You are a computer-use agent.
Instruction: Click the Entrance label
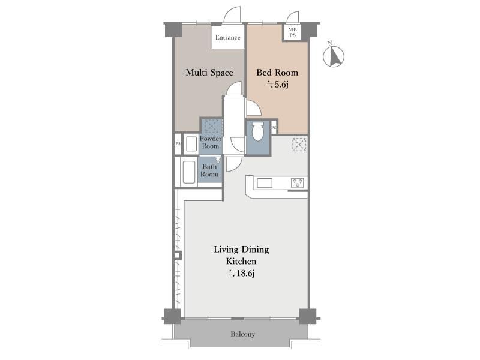pyautogui.click(x=227, y=37)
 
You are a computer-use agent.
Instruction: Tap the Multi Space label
pyautogui.click(x=209, y=73)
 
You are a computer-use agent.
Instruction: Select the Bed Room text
pyautogui.click(x=277, y=73)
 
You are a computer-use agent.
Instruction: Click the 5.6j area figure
pyautogui.click(x=278, y=84)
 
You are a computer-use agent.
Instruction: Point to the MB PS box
pyautogui.click(x=292, y=32)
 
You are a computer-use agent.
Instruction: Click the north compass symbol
pyautogui.click(x=334, y=56)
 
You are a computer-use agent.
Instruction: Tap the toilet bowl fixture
pyautogui.click(x=258, y=131)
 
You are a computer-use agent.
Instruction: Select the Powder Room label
pyautogui.click(x=211, y=142)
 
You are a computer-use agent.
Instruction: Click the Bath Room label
pyautogui.click(x=209, y=170)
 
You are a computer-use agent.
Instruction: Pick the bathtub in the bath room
pyautogui.click(x=188, y=172)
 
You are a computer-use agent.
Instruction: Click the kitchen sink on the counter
pyautogui.click(x=265, y=183)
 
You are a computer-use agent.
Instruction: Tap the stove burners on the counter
pyautogui.click(x=298, y=183)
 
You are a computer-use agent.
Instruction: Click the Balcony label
pyautogui.click(x=243, y=334)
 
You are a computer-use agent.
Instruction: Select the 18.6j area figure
pyautogui.click(x=242, y=273)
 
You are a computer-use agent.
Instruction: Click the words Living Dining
pyautogui.click(x=241, y=250)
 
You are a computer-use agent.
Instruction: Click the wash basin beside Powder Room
pyautogui.click(x=191, y=144)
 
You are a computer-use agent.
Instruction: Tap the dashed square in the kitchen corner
pyautogui.click(x=299, y=145)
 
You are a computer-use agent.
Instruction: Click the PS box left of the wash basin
pyautogui.click(x=178, y=143)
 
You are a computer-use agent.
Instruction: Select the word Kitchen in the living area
pyautogui.click(x=241, y=262)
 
